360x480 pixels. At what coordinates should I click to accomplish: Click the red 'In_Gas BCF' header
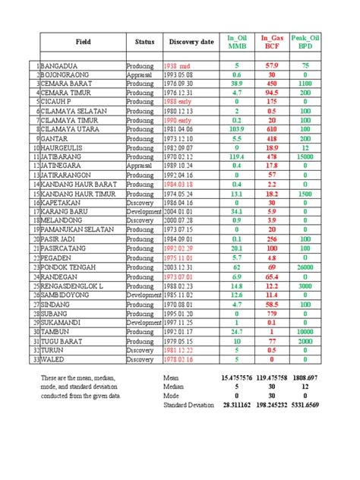point(272,41)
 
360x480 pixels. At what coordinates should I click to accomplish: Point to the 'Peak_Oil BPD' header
point(305,41)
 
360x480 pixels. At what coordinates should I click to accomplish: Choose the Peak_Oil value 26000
point(305,267)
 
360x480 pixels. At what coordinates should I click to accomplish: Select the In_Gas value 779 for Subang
point(272,311)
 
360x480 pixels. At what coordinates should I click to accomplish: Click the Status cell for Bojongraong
point(141,75)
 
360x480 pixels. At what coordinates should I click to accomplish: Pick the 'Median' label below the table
point(175,386)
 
